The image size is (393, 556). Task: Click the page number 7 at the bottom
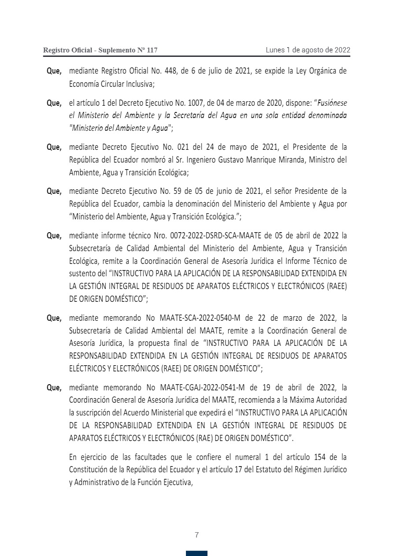[x=196, y=535]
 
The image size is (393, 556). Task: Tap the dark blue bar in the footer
[x=196, y=553]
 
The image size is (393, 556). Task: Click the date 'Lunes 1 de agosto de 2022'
[x=308, y=50]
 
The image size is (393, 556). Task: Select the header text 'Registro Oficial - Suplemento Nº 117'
[x=100, y=51]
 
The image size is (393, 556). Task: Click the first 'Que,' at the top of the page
[x=54, y=71]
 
